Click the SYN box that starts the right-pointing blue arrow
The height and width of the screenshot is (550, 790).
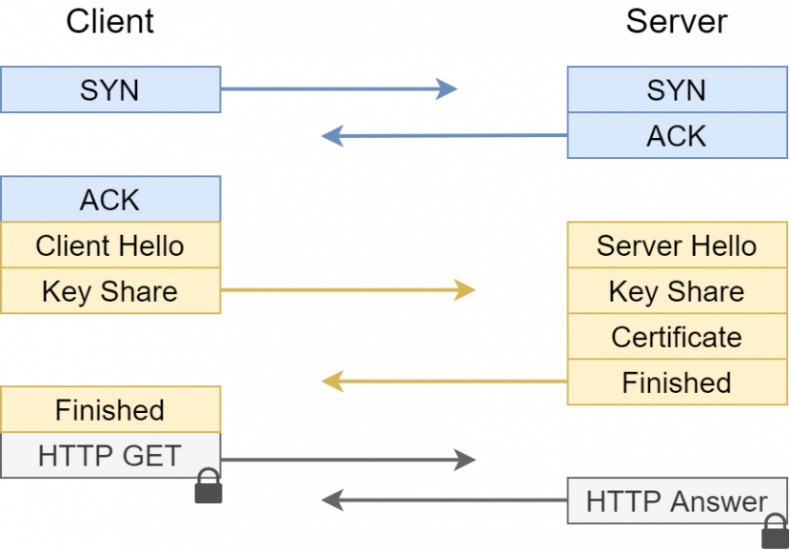pyautogui.click(x=110, y=90)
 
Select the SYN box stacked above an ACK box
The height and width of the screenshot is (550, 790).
pyautogui.click(x=677, y=90)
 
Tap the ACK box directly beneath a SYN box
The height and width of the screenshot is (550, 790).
pyautogui.click(x=677, y=136)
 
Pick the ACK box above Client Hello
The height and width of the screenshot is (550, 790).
pyautogui.click(x=110, y=200)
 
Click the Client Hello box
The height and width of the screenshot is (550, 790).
pyautogui.click(x=110, y=246)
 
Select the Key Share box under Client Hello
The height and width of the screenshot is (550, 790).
pyautogui.click(x=110, y=291)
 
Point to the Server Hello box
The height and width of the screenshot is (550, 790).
pyautogui.click(x=677, y=246)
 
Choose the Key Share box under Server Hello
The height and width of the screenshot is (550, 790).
pyautogui.click(x=677, y=291)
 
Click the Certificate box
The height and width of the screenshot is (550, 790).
pyautogui.click(x=677, y=337)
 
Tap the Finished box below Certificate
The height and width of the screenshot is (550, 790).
pyautogui.click(x=677, y=383)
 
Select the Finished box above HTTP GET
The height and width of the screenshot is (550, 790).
pyautogui.click(x=110, y=410)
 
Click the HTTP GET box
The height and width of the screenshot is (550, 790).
pyautogui.click(x=110, y=456)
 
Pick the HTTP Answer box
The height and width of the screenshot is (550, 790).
pyautogui.click(x=677, y=501)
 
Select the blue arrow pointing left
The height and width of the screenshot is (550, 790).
pyautogui.click(x=444, y=136)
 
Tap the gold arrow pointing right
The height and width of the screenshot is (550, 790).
pyautogui.click(x=348, y=290)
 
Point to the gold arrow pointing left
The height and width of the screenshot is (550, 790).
pyautogui.click(x=444, y=383)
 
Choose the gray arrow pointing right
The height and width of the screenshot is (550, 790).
pyautogui.click(x=348, y=461)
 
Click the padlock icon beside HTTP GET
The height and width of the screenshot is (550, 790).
pyautogui.click(x=207, y=487)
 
